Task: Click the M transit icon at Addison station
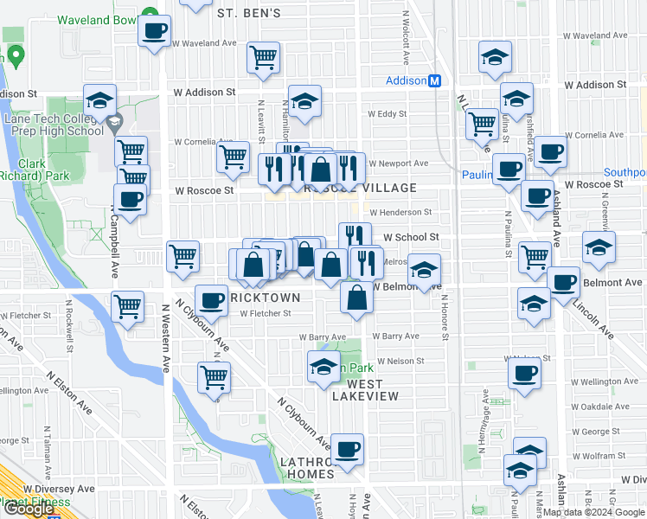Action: click(x=436, y=80)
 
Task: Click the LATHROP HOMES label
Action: click(x=307, y=468)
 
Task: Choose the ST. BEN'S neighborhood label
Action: click(x=249, y=13)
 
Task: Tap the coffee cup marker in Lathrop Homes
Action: click(x=347, y=450)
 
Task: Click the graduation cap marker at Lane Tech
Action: click(x=100, y=99)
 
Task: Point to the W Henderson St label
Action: click(x=400, y=212)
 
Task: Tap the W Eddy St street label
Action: click(x=387, y=113)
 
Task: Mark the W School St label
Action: click(x=412, y=236)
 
